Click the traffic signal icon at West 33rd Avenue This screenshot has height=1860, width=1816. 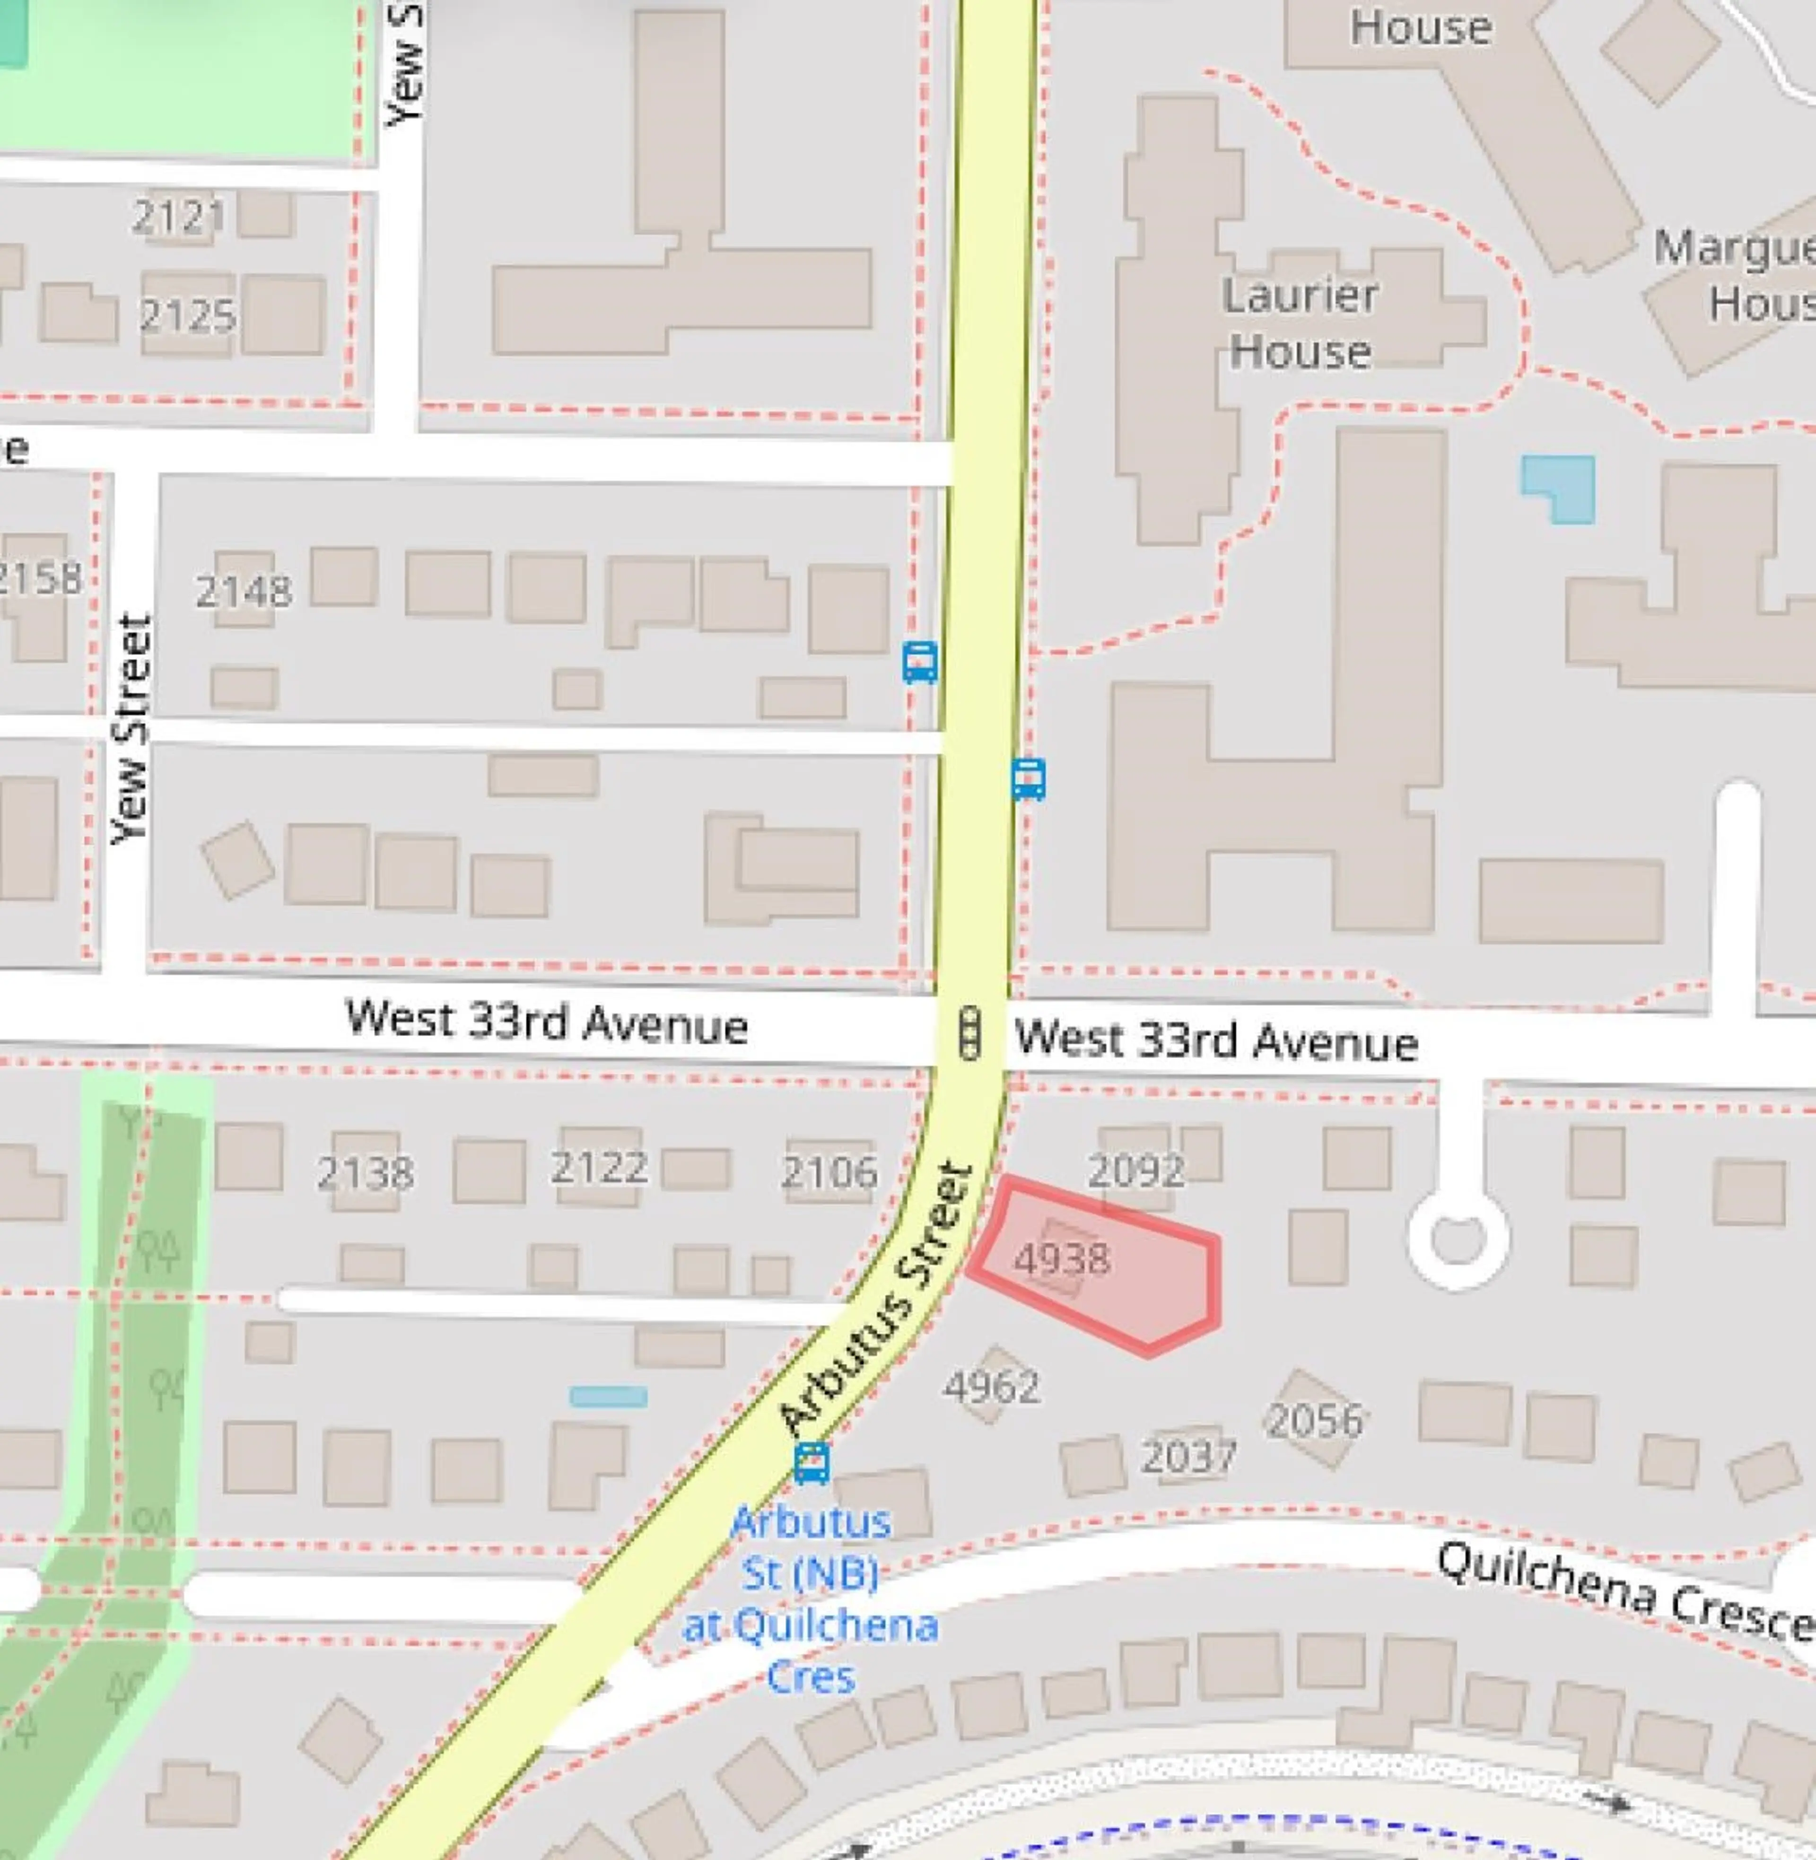[x=970, y=1033]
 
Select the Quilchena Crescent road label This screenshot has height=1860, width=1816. [x=1622, y=1591]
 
